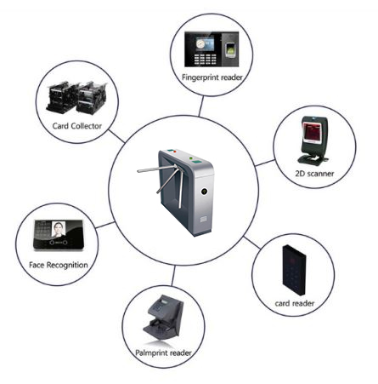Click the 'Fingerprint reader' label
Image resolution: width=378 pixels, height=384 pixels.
(x=212, y=77)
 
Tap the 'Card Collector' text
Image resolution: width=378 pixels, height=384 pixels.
(x=77, y=126)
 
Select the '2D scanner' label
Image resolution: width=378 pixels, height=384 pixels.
(x=314, y=174)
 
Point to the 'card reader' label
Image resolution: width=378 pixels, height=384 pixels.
(x=295, y=303)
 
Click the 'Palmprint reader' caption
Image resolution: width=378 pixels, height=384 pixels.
(x=163, y=352)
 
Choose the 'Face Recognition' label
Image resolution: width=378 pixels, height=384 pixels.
(x=59, y=265)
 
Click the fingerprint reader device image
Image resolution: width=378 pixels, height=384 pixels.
(x=212, y=49)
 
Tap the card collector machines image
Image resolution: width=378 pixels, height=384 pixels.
(x=76, y=97)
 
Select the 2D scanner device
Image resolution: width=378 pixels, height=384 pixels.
(x=313, y=140)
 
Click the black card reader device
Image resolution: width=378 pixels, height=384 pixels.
(x=294, y=270)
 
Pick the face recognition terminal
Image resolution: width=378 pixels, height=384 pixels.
(x=59, y=235)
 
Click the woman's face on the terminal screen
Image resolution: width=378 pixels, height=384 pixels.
(x=59, y=228)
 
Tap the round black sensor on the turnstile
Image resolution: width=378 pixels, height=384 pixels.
(x=204, y=192)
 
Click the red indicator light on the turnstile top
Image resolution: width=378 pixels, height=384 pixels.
(x=175, y=152)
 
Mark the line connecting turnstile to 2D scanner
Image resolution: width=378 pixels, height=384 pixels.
(x=265, y=163)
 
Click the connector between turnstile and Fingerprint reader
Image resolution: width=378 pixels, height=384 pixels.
(x=201, y=106)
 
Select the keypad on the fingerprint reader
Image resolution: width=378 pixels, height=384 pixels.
(x=205, y=59)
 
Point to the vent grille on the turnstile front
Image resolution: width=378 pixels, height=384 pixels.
(x=204, y=219)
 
